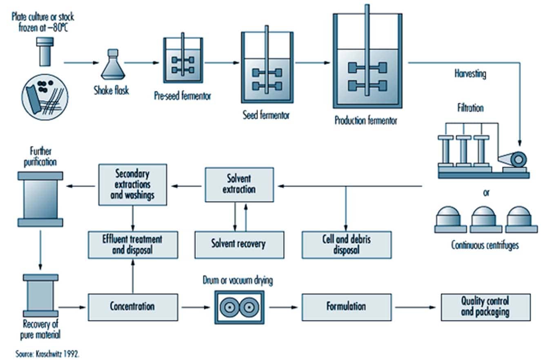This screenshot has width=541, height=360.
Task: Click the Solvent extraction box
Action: pos(239,184)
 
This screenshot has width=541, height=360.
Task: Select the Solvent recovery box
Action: pos(239,244)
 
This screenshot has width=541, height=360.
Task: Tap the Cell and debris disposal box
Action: pos(346,244)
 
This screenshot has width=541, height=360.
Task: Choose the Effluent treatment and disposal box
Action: pos(133,244)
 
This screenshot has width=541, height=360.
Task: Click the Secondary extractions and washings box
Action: pos(133,184)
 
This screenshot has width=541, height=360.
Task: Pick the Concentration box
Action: pos(133,307)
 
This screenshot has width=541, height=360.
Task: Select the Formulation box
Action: pos(346,307)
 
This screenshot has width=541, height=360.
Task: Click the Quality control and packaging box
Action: pos(485,307)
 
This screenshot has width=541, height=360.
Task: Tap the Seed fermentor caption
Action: pos(266,116)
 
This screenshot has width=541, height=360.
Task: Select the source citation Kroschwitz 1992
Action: pos(47,353)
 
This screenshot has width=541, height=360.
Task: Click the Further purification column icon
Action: pos(40,199)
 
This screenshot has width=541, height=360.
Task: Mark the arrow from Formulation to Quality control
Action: pos(416,307)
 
